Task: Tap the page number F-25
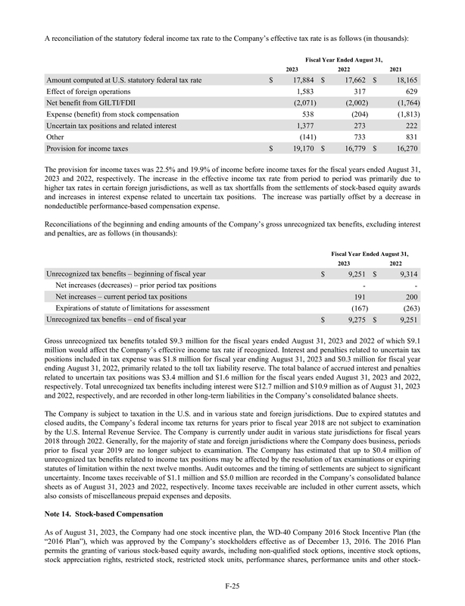[232, 585]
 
